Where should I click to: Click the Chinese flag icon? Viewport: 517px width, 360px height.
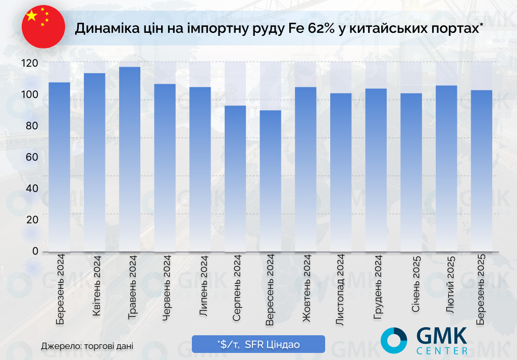click(43, 27)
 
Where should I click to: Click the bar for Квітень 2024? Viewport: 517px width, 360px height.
click(94, 162)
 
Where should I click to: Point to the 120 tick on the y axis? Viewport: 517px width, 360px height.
click(30, 63)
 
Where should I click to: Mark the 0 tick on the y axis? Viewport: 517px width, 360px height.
click(35, 251)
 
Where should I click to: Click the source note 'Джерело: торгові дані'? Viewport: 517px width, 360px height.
click(87, 346)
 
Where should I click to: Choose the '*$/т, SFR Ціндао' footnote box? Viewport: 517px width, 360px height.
click(258, 344)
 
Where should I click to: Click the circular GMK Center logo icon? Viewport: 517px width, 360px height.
click(394, 340)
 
